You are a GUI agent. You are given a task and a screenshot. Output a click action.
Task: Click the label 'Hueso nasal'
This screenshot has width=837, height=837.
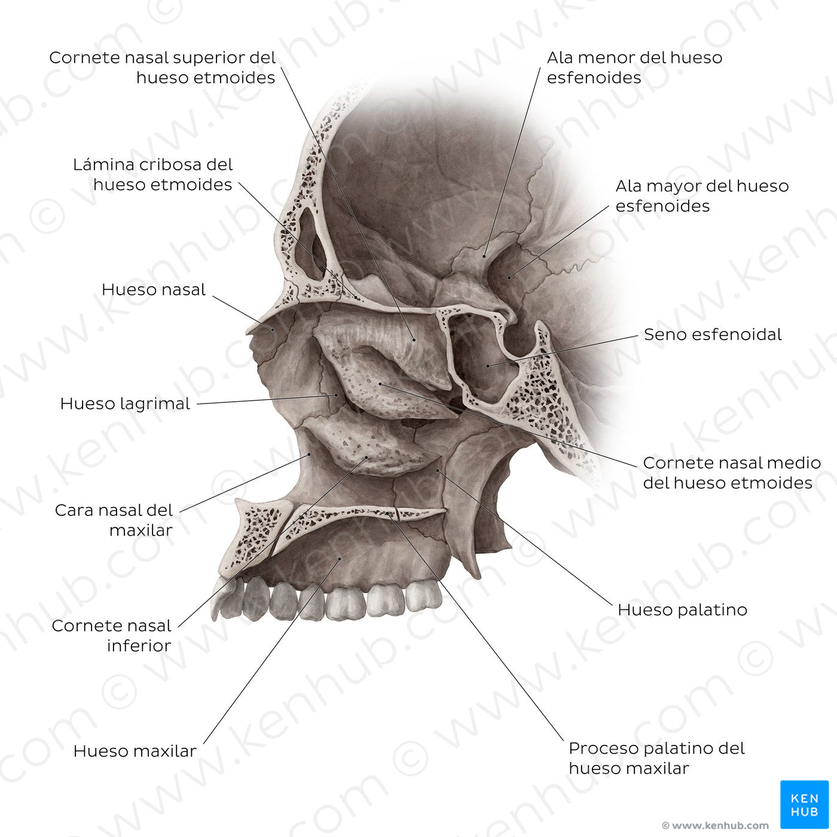[x=153, y=290]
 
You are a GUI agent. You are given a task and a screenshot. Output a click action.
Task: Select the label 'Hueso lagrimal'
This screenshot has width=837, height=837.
[x=125, y=404]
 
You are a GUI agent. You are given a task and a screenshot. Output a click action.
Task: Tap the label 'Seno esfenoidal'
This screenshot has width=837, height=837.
[x=712, y=334]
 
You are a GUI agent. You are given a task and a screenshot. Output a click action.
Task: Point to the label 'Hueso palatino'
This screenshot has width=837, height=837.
[x=682, y=610]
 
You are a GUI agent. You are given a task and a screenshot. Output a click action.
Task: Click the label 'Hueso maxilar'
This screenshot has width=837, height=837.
[x=135, y=752]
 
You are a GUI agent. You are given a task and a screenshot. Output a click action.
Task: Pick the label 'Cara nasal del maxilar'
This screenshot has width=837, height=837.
[x=114, y=520]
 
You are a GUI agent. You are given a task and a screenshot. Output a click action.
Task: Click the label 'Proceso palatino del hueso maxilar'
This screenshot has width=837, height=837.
[x=656, y=758]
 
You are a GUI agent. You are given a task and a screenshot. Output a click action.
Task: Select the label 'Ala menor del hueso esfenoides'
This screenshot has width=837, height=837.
[x=634, y=68]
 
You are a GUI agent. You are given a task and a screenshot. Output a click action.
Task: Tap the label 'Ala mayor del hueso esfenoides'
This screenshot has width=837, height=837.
[x=702, y=196]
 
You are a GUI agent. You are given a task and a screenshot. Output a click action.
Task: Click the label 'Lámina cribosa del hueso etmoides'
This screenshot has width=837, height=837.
[x=153, y=175]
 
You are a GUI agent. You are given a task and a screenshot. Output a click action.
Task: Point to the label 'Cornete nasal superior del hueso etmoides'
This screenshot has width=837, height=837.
[x=162, y=68]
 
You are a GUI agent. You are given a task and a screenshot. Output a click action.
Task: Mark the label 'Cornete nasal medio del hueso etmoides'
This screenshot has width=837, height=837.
[x=731, y=473]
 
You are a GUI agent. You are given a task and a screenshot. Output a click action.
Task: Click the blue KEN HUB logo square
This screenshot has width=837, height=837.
[x=804, y=804]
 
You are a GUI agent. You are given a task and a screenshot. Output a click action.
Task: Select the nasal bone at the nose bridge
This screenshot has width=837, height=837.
[x=266, y=326]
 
